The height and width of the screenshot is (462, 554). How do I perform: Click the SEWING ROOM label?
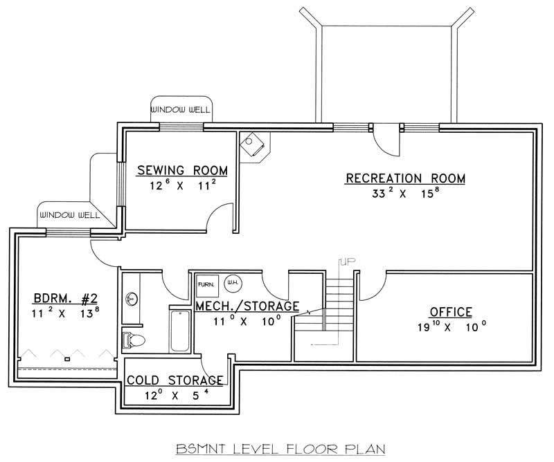pyautogui.click(x=182, y=171)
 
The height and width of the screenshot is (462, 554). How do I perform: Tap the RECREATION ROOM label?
pyautogui.click(x=405, y=178)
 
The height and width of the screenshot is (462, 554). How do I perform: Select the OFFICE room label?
pyautogui.click(x=450, y=312)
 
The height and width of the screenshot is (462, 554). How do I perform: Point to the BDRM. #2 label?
pyautogui.click(x=64, y=299)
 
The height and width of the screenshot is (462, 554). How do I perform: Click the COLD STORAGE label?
pyautogui.click(x=175, y=380)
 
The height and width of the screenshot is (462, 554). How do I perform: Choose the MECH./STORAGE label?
pyautogui.click(x=247, y=306)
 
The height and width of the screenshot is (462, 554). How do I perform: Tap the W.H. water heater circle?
pyautogui.click(x=232, y=283)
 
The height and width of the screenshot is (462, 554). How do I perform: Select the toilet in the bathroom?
pyautogui.click(x=133, y=340)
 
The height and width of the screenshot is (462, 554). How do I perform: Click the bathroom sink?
pyautogui.click(x=131, y=299)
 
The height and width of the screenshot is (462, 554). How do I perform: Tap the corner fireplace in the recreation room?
pyautogui.click(x=253, y=145)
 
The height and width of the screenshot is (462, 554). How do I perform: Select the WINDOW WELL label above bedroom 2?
pyautogui.click(x=69, y=215)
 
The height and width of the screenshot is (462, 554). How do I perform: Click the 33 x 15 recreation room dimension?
pyautogui.click(x=405, y=194)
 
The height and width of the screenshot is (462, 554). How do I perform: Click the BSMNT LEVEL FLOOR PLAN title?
pyautogui.click(x=277, y=448)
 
